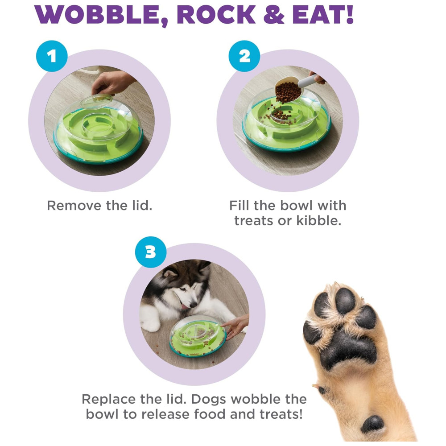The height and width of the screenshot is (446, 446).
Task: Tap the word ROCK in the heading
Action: click(x=216, y=14)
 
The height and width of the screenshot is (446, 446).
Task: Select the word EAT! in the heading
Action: click(x=323, y=14)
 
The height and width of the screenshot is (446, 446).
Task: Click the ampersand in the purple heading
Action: click(x=274, y=14)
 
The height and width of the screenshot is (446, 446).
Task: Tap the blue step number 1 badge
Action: click(x=52, y=56)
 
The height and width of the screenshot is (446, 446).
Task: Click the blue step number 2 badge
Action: click(x=244, y=56)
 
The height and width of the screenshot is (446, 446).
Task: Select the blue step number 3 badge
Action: click(x=150, y=252)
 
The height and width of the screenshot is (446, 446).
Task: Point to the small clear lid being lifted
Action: click(x=96, y=102)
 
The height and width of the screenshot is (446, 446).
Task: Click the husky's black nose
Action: click(x=194, y=305)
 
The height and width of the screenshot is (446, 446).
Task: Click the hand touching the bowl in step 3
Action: click(x=236, y=326)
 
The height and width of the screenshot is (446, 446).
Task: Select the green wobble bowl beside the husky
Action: click(x=198, y=336)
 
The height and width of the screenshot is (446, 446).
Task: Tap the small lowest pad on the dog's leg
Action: click(x=372, y=424)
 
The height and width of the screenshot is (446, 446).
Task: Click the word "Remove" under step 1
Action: click(x=74, y=205)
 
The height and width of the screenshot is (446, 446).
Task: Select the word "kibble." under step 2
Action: click(x=318, y=220)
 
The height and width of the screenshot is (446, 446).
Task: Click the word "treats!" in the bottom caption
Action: click(x=281, y=414)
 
